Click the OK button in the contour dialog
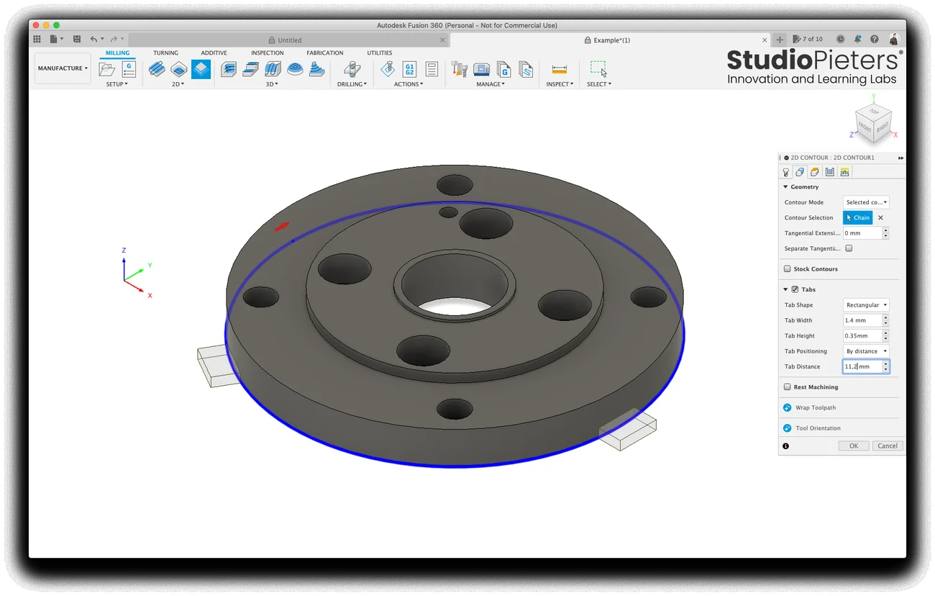[854, 446]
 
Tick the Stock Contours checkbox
[788, 268]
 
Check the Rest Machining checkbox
[788, 387]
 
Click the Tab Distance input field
[862, 366]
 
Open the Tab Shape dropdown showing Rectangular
[866, 305]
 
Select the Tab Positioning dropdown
[866, 351]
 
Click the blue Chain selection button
[858, 217]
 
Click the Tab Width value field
[862, 320]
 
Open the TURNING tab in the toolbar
[165, 53]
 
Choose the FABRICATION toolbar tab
[325, 53]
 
